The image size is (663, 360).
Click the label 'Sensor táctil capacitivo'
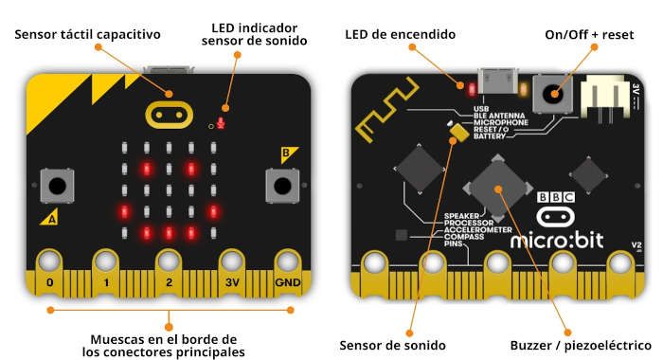(x=87, y=34)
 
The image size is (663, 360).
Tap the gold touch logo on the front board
(x=169, y=115)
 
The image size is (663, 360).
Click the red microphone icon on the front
(x=221, y=123)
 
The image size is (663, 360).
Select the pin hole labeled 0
(x=49, y=261)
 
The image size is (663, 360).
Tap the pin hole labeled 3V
(x=232, y=261)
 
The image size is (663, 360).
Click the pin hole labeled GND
(x=288, y=261)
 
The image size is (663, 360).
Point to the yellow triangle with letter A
(x=50, y=218)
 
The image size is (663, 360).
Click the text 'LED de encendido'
(x=400, y=34)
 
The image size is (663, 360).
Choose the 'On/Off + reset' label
(x=589, y=35)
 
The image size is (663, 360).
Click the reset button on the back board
(x=552, y=94)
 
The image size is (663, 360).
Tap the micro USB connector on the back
(x=497, y=81)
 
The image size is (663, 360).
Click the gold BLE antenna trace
(x=386, y=109)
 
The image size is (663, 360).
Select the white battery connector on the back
(x=604, y=99)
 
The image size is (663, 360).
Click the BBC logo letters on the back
(x=556, y=197)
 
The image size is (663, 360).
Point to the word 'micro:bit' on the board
(x=557, y=241)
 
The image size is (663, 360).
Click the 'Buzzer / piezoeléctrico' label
(x=581, y=345)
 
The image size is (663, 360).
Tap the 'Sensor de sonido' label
(x=392, y=345)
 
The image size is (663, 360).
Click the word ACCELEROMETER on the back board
(x=477, y=229)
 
